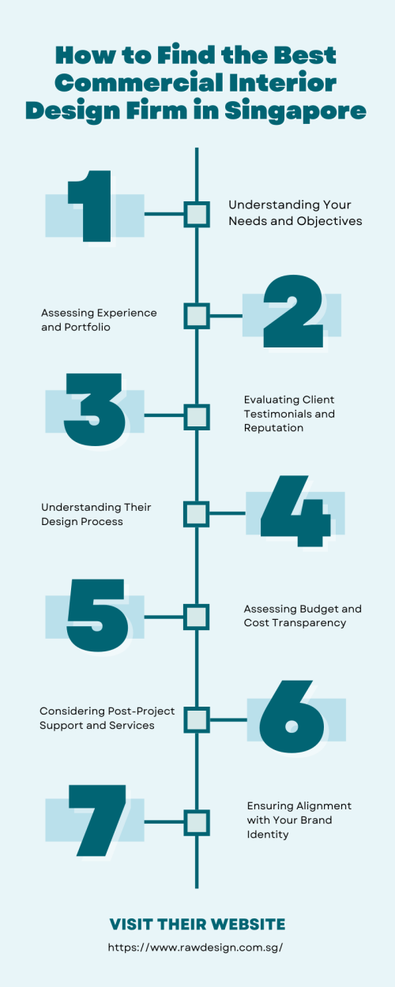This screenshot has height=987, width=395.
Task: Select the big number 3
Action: pos(95,410)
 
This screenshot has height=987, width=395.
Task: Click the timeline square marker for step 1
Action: pos(197,215)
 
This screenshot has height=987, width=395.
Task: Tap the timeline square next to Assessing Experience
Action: pos(197,316)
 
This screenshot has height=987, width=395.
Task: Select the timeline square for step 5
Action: pos(197,617)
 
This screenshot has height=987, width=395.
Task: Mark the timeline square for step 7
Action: pos(197,822)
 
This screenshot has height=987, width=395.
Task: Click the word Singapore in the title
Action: pos(295,111)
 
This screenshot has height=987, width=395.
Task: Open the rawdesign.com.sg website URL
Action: pos(195,947)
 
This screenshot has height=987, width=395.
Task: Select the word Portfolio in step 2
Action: pos(87,327)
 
